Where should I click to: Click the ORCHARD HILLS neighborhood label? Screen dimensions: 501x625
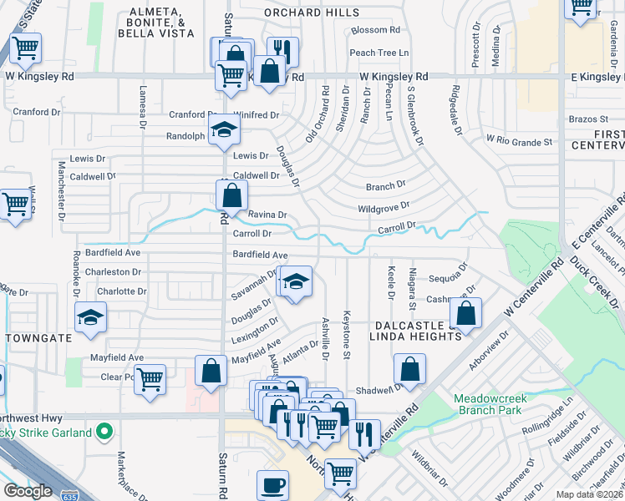point(312,13)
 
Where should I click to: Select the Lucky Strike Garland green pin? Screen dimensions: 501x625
point(104,432)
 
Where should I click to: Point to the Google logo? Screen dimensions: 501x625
point(28,491)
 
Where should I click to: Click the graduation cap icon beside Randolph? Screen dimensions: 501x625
point(224,129)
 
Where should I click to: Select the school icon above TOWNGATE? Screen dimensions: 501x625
point(90,317)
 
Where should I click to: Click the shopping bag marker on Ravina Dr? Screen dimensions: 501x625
point(231,196)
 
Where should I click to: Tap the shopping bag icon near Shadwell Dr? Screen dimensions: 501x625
point(409,367)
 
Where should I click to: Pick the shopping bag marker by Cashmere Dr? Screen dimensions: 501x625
point(468,313)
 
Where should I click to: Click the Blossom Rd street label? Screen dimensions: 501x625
point(376,30)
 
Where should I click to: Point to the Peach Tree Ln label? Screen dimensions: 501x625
point(379,53)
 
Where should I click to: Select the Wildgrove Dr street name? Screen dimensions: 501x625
point(384,205)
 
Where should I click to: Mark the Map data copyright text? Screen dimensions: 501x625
point(590,494)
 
